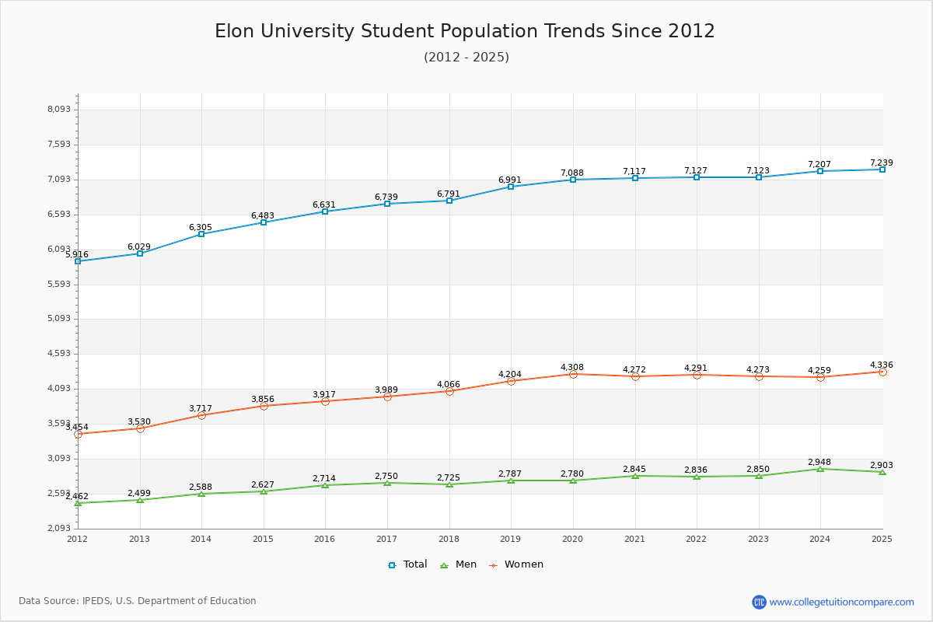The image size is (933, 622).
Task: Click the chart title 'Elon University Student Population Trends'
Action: pos(465,31)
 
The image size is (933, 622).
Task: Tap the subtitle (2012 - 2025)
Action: pos(466,57)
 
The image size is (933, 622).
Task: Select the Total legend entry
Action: pos(407,564)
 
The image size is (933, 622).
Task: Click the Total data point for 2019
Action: pos(511,187)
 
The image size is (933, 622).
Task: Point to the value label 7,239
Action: pos(881,162)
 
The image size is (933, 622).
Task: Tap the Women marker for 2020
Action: pos(573,374)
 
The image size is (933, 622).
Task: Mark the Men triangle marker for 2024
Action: pos(820,469)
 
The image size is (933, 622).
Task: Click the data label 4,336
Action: pos(881,365)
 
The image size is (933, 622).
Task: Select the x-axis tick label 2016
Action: pos(325,539)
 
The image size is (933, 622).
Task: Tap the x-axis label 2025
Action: pos(882,539)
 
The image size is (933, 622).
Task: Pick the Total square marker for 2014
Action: pos(201,234)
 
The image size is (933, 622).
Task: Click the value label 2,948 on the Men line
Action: pos(819,462)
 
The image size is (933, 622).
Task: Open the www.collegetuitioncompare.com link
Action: pos(841,602)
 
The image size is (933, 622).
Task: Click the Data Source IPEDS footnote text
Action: pos(138,601)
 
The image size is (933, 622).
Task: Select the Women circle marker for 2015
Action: pos(264,406)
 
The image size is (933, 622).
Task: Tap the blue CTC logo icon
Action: pos(759,602)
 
